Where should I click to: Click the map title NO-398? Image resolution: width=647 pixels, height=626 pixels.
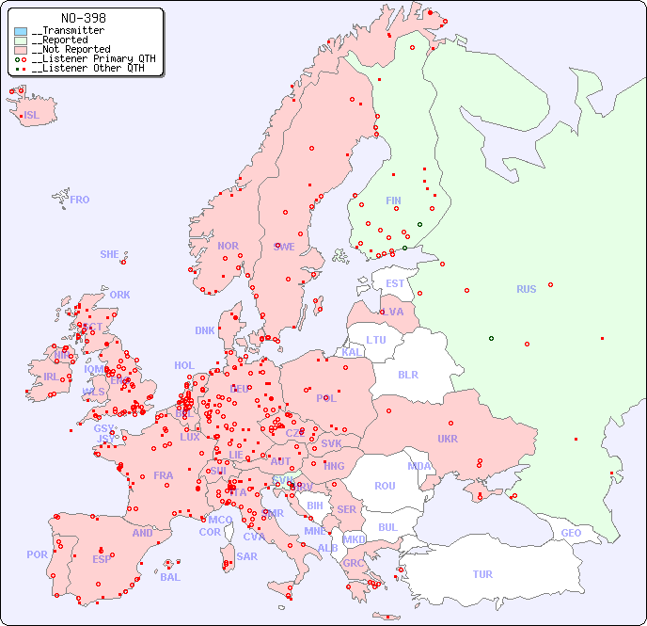83,18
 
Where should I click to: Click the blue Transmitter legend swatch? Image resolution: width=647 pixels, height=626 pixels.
21,31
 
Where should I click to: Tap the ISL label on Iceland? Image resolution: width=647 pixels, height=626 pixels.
31,116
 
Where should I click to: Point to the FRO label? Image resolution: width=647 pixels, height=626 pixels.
79,200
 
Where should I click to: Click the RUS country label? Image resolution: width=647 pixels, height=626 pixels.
526,289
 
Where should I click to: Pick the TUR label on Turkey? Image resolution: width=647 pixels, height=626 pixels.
482,574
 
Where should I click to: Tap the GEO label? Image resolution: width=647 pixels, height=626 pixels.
571,533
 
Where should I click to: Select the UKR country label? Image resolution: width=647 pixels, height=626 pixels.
448,439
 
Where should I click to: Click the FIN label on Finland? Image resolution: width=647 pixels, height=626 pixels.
393,201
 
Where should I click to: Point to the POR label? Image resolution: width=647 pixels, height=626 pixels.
37,554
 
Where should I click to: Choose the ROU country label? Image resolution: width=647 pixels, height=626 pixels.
385,486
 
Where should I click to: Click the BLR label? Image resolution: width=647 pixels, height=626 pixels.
407,374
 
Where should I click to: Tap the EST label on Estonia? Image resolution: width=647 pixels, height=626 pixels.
395,283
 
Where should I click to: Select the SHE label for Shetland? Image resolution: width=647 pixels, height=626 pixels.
110,254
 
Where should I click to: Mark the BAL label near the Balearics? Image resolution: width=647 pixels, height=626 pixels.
170,577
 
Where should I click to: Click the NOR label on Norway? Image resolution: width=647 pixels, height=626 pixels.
228,246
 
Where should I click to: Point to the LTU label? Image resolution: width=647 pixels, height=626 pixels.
376,340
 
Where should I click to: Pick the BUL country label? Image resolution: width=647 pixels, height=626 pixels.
387,527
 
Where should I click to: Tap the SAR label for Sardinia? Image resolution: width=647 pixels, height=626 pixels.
247,556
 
